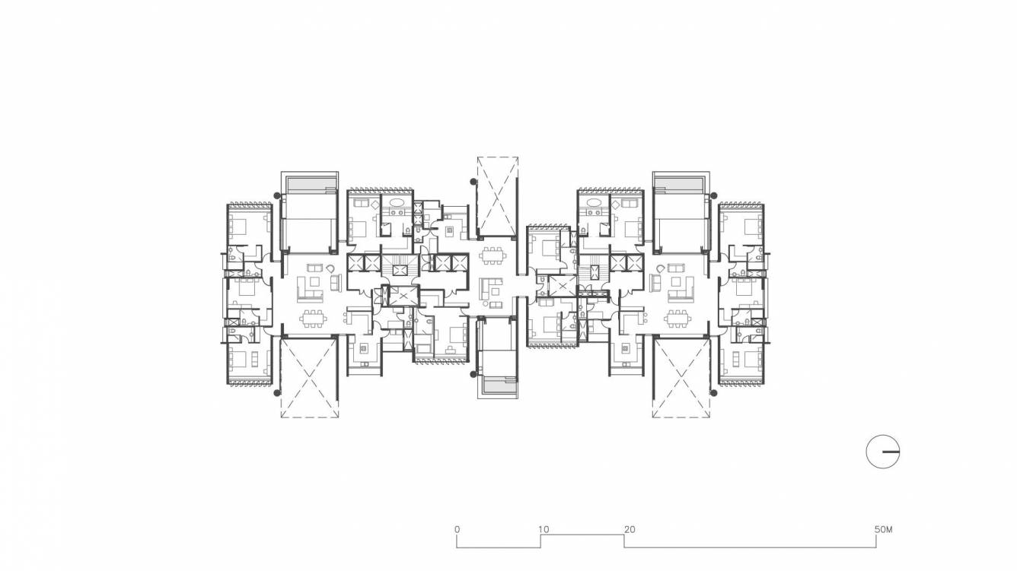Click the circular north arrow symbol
(883, 452)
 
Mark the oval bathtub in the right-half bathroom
(590, 204)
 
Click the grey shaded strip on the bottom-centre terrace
(497, 385)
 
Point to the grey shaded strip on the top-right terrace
(680, 185)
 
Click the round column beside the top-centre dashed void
(473, 182)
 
